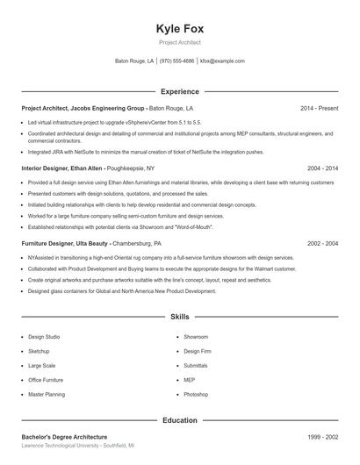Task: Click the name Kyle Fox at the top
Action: [179, 28]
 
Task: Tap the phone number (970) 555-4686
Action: [176, 61]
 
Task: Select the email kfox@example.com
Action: [222, 61]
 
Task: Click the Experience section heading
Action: [179, 91]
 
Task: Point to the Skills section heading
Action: [179, 316]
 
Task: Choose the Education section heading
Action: [179, 420]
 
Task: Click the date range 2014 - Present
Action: [319, 108]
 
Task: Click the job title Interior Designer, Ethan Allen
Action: [62, 167]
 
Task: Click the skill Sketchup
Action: [40, 351]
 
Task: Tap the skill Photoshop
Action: [196, 394]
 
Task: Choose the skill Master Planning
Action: [47, 394]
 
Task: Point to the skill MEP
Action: [190, 380]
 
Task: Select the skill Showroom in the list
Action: [196, 337]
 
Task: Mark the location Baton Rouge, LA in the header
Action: [134, 61]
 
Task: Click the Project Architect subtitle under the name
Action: [179, 42]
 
